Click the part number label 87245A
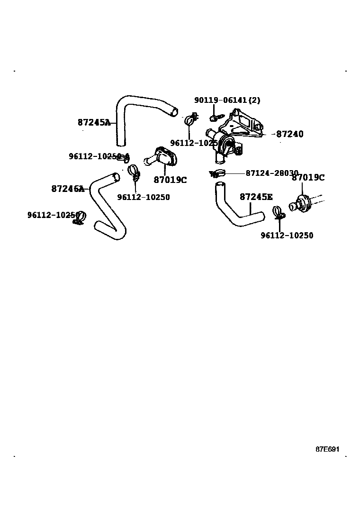(x=94, y=122)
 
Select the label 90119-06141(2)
(x=227, y=100)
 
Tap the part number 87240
(x=290, y=134)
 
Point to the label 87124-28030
(x=271, y=173)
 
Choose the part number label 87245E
(x=256, y=197)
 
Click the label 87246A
(x=68, y=189)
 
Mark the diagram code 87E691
(x=328, y=449)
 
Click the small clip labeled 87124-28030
(x=216, y=174)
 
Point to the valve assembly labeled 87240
(x=232, y=137)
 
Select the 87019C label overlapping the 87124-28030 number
(x=308, y=178)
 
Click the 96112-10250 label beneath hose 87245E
(x=287, y=236)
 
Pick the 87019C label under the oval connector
(x=170, y=180)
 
